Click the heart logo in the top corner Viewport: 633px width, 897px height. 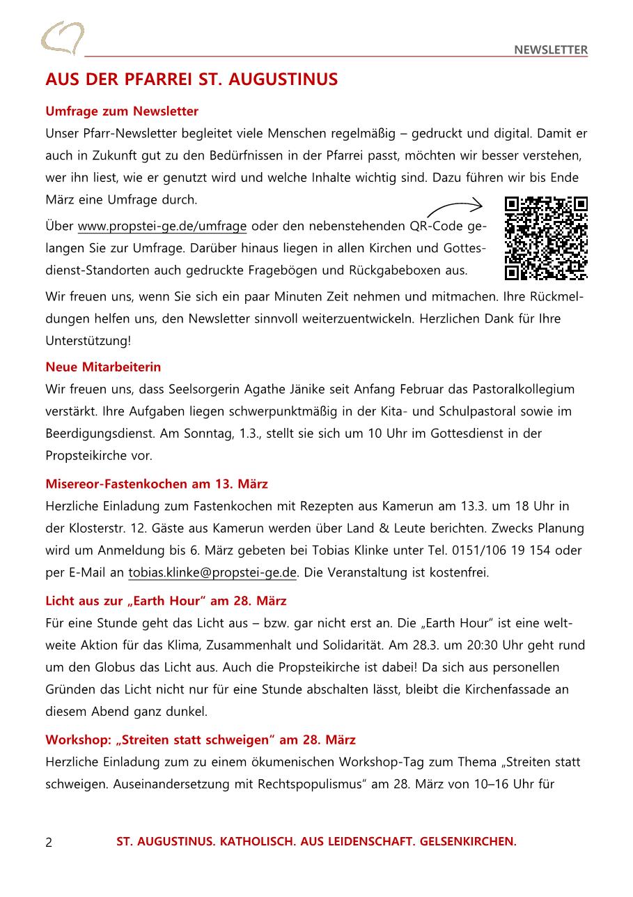pos(63,38)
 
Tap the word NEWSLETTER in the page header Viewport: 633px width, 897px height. pos(551,49)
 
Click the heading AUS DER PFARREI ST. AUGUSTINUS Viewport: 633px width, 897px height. pos(192,79)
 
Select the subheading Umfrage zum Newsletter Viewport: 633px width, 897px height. pos(122,112)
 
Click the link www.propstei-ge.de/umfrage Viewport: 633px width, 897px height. pos(162,227)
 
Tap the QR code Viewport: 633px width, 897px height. pos(546,238)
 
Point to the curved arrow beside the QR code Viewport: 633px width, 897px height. pos(454,206)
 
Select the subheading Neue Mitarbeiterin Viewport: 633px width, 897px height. pos(103,367)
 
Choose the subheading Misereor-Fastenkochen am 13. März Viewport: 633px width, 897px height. pos(157,484)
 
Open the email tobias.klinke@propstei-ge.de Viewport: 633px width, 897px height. pos(212,573)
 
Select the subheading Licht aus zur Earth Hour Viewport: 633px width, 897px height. pos(166,601)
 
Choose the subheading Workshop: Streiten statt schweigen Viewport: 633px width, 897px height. pos(201,739)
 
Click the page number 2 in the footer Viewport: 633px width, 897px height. pos(49,842)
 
